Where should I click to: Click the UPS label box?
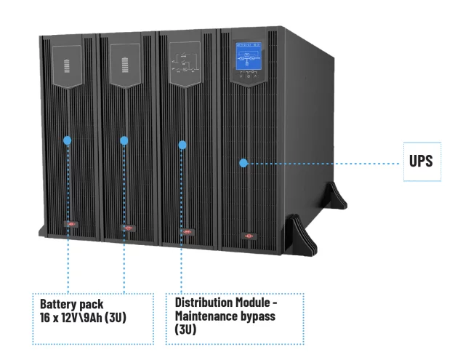(422, 161)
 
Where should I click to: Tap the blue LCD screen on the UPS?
(249, 56)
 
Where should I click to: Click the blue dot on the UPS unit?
(243, 163)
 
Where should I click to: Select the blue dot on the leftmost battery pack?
(68, 140)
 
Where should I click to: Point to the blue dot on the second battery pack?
(124, 140)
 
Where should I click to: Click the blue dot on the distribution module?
(182, 145)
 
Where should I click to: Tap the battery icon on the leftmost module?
(67, 66)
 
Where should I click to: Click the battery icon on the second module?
(125, 65)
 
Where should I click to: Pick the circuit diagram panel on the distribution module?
(185, 64)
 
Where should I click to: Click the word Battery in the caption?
(58, 304)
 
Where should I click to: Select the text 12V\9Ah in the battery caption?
(81, 318)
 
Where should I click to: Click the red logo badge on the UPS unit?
(249, 236)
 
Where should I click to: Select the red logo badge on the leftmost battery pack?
(71, 224)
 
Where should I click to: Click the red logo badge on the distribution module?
(188, 232)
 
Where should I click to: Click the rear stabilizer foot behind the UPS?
(336, 196)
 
